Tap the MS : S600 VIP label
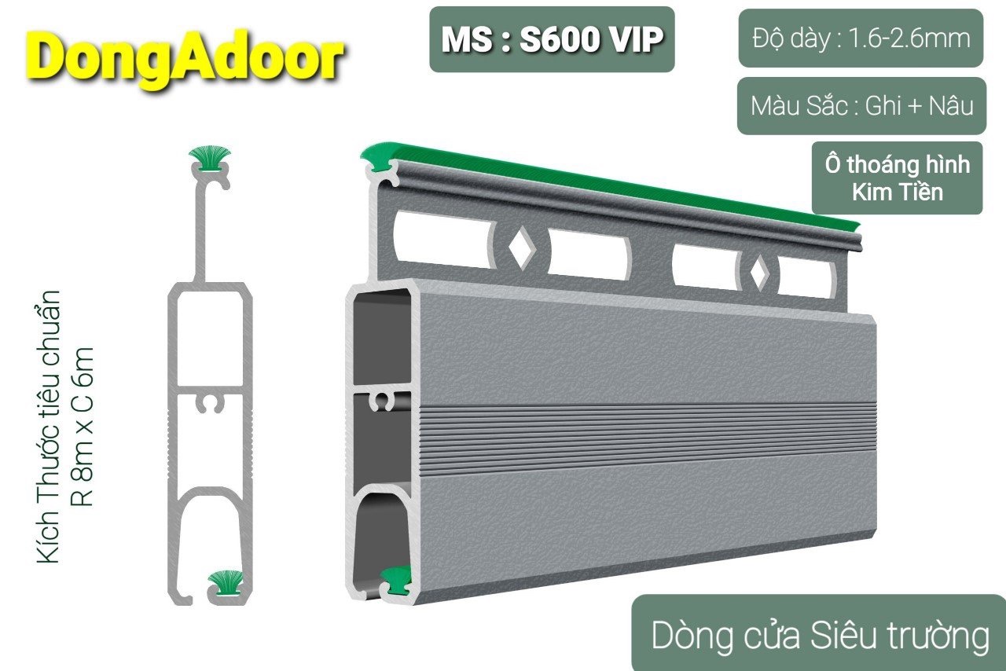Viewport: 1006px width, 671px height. click(x=552, y=39)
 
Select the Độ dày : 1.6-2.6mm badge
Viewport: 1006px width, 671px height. click(x=861, y=38)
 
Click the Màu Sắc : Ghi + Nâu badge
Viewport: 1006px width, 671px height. click(x=862, y=106)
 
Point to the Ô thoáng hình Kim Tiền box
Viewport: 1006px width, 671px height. click(x=897, y=178)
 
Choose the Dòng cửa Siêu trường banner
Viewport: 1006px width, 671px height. click(x=820, y=635)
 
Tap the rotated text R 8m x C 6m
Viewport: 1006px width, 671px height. click(x=83, y=427)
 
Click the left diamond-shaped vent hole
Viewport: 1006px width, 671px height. click(x=521, y=247)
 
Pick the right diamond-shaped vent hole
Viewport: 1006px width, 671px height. click(x=759, y=273)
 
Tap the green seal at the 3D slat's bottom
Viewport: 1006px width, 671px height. click(x=395, y=580)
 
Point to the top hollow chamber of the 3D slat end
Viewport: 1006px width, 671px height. click(x=381, y=338)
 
